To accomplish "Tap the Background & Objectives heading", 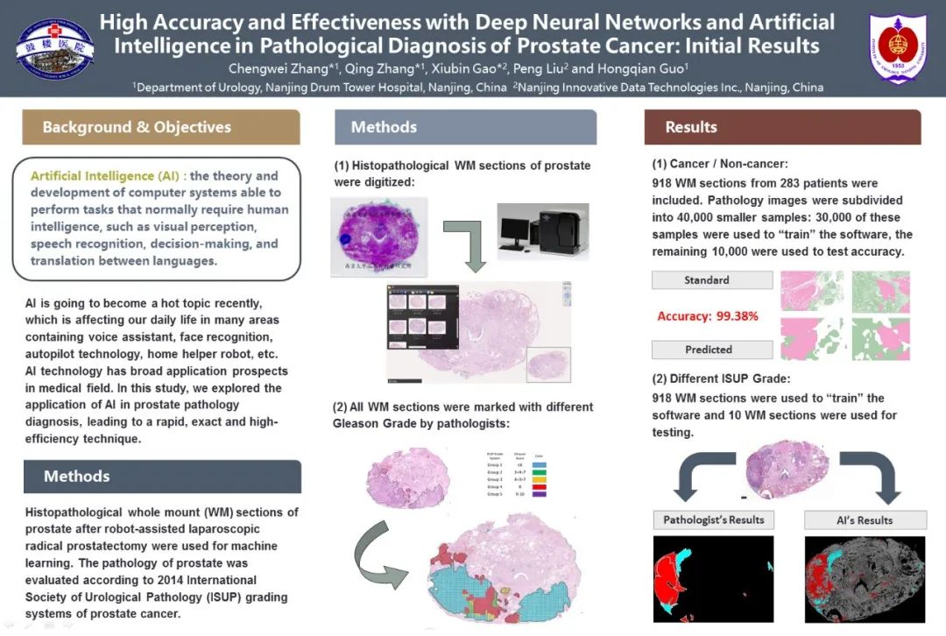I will coord(137,127).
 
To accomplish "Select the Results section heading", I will coord(691,127).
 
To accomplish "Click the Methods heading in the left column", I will coord(77,477).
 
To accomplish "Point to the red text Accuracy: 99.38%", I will coord(708,316).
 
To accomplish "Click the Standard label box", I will coord(708,280).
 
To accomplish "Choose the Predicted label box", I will coord(709,350).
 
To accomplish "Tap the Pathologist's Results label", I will coord(714,520).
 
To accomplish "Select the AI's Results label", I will coord(864,520).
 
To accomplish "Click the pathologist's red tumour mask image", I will coord(713,579).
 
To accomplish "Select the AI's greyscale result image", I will coord(865,579).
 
